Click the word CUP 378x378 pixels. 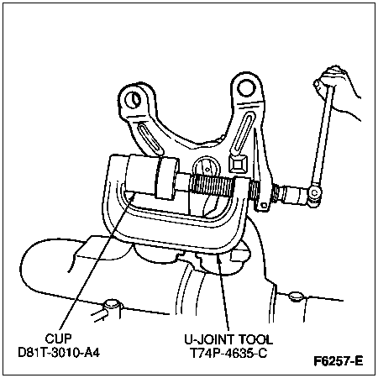59,339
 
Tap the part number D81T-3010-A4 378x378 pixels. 59,353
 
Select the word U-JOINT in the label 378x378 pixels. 207,339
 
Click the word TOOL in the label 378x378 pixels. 255,339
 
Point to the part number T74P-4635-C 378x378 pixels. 228,353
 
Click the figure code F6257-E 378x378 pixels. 338,361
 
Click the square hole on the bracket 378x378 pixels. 238,164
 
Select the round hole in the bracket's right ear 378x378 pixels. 246,87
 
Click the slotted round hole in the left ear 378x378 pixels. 134,99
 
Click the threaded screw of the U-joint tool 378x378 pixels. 213,185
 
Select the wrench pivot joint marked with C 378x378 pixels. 314,193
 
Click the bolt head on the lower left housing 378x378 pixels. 111,305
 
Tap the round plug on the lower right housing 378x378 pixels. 295,297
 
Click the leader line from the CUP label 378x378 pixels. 97,262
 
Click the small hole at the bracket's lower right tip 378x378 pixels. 264,206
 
